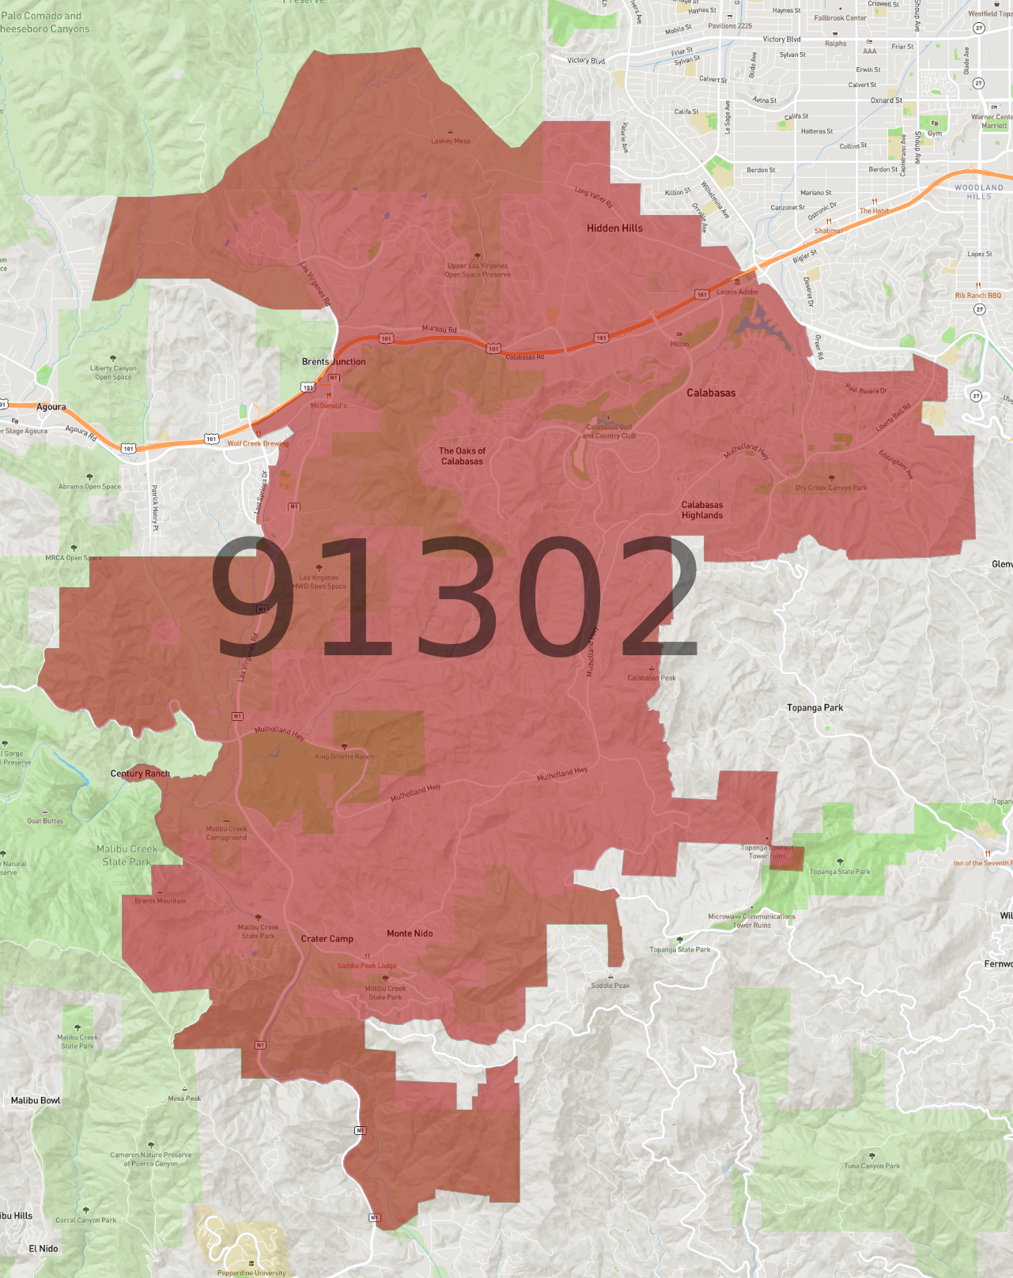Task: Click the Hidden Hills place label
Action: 614,228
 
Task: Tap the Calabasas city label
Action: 711,393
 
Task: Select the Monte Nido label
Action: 410,933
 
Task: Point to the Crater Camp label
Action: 327,939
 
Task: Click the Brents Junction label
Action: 334,362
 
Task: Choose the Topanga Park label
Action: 815,708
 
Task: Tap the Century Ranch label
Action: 140,774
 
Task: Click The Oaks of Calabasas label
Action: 462,456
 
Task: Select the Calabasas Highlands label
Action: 702,510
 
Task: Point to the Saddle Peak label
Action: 610,986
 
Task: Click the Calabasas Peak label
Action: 652,678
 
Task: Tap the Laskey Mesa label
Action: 451,141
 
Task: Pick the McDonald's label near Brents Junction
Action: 328,405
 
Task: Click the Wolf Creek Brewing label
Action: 258,443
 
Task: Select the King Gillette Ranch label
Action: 344,756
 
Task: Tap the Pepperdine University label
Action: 251,1272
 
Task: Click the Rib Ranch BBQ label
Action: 977,296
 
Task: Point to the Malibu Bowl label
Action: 36,1100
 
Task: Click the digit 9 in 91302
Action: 253,596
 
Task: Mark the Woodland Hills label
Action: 979,192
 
